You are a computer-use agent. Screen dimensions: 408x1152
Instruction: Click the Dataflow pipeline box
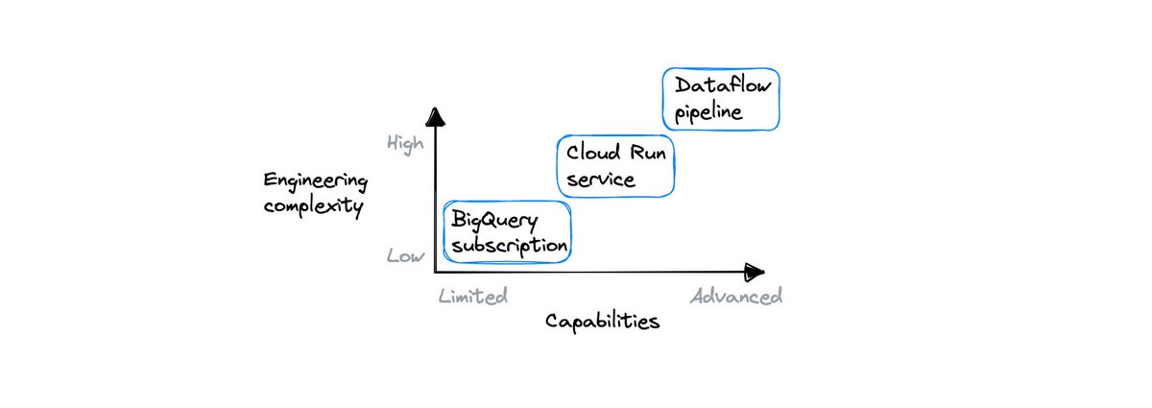[x=721, y=99]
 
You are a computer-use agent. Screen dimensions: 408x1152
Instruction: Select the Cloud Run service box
[x=615, y=165]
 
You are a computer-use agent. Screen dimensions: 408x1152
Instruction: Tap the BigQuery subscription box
[x=507, y=232]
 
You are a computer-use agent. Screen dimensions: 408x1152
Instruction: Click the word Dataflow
[x=722, y=85]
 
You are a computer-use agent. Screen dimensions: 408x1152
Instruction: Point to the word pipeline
[x=708, y=112]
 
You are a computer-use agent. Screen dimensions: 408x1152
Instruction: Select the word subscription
[x=508, y=246]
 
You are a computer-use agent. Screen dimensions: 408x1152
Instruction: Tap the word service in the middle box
[x=600, y=180]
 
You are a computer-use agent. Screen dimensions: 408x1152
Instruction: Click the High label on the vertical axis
[x=404, y=143]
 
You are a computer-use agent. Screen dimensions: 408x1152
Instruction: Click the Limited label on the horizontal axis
[x=471, y=296]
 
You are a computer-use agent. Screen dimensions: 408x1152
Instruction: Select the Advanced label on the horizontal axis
[x=736, y=296]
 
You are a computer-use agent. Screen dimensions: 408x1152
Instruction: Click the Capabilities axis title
[x=603, y=321]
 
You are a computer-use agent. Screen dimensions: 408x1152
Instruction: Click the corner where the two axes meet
[x=436, y=273]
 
